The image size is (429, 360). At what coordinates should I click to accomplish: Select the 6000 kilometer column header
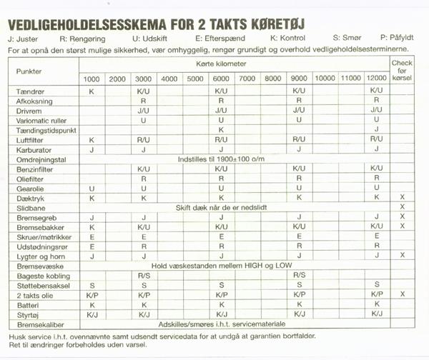221,78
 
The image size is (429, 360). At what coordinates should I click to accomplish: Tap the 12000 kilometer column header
375,78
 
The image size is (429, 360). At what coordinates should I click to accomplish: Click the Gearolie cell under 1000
92,188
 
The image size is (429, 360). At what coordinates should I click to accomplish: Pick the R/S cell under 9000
299,274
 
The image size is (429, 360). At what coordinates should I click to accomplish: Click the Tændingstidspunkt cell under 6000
221,130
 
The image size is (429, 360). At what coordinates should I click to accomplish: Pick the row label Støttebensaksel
41,284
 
